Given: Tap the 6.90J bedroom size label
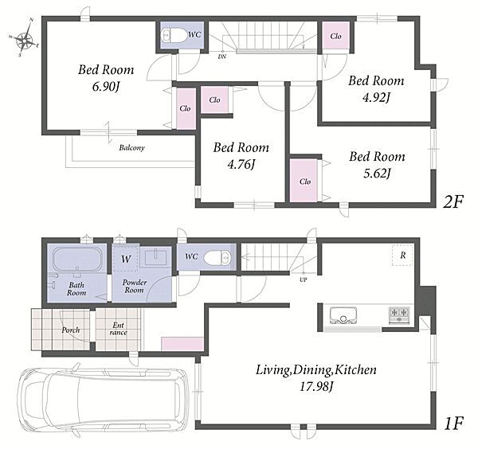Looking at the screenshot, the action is [x=105, y=87].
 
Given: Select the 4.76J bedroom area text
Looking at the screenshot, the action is [x=241, y=165].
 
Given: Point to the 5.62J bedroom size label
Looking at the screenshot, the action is [x=377, y=174].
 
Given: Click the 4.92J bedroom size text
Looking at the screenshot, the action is [x=376, y=97].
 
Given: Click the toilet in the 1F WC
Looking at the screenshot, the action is [x=217, y=258].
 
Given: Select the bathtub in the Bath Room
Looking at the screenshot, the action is [x=77, y=260].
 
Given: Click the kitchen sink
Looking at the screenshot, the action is [x=343, y=315].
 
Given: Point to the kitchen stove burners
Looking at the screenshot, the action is [x=399, y=314].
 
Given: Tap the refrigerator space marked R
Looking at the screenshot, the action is [x=402, y=255].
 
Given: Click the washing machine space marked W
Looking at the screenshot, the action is [x=126, y=259].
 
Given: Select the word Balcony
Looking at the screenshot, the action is [x=131, y=148].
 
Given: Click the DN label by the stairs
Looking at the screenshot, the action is [x=222, y=57].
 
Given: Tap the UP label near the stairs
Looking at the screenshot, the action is [x=304, y=279].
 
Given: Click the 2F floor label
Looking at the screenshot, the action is [x=453, y=201].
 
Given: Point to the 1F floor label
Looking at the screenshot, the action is [x=454, y=424].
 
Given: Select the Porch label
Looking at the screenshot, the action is [x=71, y=330].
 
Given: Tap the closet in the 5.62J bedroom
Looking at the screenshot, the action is [x=304, y=181].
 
